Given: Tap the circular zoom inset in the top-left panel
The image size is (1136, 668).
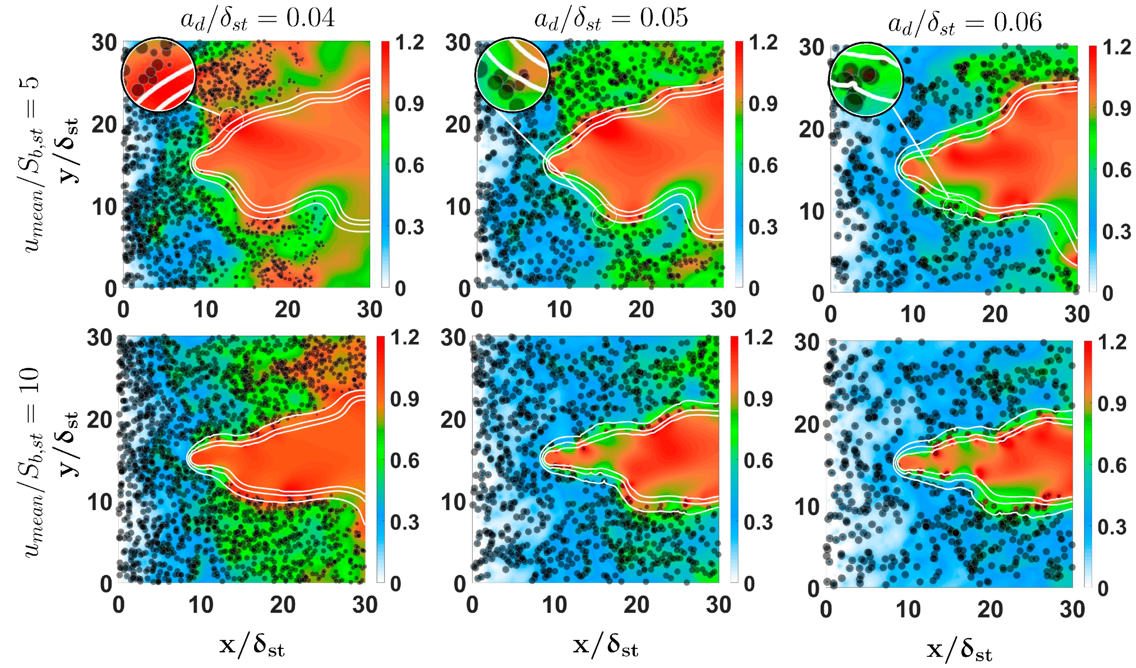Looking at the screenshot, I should click(x=158, y=75).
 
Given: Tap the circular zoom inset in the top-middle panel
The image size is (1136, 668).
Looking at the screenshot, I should click(x=512, y=75).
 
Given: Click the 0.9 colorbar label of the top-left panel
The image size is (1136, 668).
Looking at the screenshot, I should click(x=409, y=104).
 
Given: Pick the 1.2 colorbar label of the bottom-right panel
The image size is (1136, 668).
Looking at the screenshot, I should click(x=1112, y=343).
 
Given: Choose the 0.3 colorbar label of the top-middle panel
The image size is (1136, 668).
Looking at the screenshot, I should click(x=763, y=227).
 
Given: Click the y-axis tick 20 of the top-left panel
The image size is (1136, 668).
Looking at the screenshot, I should click(x=105, y=125).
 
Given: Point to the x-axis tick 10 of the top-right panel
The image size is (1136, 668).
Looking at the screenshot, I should click(x=913, y=314).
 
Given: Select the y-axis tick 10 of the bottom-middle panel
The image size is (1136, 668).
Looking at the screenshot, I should click(x=453, y=502).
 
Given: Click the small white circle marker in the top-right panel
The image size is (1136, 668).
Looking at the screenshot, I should click(x=955, y=208).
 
